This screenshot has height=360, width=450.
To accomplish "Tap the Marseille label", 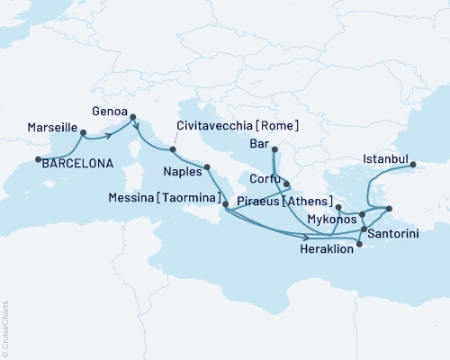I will point(52,129).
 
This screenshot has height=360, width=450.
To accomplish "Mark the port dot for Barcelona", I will point(38,160).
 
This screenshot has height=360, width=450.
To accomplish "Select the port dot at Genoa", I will point(133,116).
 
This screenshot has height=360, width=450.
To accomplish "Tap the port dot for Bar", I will point(274,149).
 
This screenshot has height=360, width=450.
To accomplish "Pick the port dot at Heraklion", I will point(359,252).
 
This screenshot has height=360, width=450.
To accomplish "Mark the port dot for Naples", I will point(207,166).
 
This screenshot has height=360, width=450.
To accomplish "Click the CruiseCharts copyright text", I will point(5,329).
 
